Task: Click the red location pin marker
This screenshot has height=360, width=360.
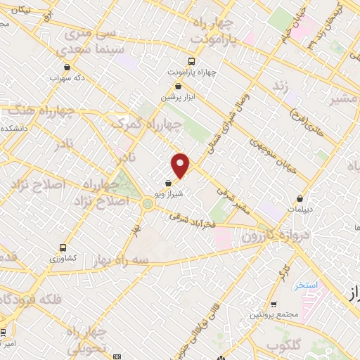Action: tap(181, 165)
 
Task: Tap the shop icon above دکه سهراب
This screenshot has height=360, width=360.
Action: tap(67, 67)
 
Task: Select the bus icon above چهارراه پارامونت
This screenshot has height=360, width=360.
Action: tap(193, 62)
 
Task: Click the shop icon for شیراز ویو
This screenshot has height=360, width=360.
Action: tap(166, 184)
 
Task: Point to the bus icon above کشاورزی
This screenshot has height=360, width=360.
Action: tap(63, 247)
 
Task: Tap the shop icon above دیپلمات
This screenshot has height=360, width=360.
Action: tap(301, 198)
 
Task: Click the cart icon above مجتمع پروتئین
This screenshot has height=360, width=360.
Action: tap(274, 304)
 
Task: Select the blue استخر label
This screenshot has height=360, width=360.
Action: tap(307, 285)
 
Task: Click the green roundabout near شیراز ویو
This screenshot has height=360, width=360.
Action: tap(148, 204)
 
